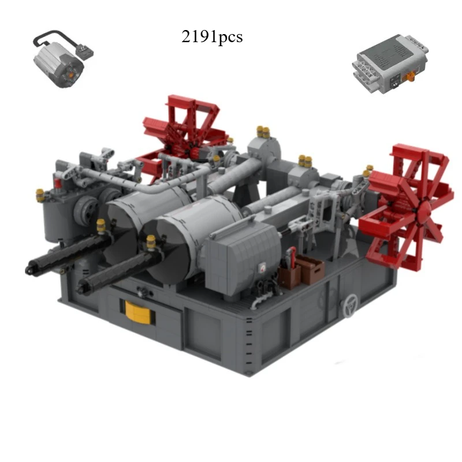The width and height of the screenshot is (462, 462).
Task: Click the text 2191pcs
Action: click(212, 37)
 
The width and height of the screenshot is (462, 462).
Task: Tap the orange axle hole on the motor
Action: click(70, 75)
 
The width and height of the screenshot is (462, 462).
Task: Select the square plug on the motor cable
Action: click(85, 51)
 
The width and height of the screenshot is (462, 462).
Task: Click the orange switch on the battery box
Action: click(409, 77)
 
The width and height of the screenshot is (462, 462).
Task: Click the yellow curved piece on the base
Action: click(138, 312)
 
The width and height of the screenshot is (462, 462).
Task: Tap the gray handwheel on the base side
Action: click(349, 305)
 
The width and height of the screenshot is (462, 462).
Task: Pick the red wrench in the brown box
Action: click(292, 257)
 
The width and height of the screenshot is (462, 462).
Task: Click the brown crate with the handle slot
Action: click(311, 270)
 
